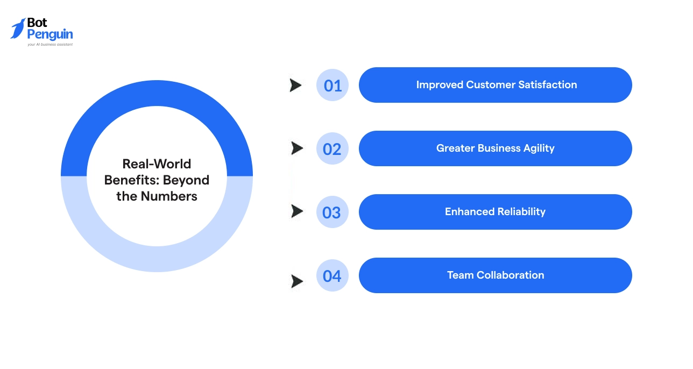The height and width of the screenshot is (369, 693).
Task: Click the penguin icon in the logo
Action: coord(18,29)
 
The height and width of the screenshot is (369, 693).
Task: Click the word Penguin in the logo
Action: coord(50,35)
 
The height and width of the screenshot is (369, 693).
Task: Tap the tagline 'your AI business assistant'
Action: coord(50,45)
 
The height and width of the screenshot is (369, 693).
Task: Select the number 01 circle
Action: coord(333,85)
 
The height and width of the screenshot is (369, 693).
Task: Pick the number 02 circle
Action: coord(333,148)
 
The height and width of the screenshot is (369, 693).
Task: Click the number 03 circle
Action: coord(332,212)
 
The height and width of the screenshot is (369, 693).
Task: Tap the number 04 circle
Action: coord(332,275)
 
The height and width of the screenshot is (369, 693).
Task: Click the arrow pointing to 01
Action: coord(295,85)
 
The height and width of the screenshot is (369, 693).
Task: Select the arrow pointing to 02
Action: coord(296,148)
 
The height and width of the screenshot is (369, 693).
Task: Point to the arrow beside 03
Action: coord(296,211)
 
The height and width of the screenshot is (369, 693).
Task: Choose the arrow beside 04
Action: coord(296,281)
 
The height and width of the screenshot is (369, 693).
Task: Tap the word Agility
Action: coord(536,148)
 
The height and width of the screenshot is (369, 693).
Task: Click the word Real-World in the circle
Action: coord(157,164)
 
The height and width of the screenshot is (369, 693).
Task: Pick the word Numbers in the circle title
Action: coord(169,196)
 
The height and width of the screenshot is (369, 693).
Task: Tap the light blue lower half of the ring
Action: coord(157,259)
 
